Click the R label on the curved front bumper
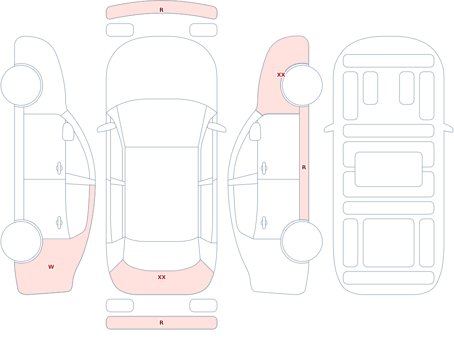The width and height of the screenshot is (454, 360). coord(161,10)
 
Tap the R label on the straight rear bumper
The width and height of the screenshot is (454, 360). coord(161,323)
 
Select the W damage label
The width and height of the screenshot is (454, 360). coord(51,267)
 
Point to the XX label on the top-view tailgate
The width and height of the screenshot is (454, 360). coord(162,277)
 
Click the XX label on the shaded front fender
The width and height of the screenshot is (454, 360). coord(281,75)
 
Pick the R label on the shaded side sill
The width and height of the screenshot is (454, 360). coord(304,168)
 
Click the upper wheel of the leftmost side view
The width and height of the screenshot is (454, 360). coord(21,85)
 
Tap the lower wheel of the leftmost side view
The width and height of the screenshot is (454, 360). coord(21,242)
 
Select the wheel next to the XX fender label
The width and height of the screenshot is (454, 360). coord(302,85)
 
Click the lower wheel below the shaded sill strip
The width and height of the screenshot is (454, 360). coord(302,242)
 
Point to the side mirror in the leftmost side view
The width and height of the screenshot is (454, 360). coord(68,132)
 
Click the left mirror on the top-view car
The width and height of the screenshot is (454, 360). coord(106,127)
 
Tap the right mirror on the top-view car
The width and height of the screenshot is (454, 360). coord(217,127)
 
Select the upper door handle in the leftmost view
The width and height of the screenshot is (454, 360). coord(59,168)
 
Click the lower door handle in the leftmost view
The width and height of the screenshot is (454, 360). coord(59,223)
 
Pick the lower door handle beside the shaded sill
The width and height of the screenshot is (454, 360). coord(264,223)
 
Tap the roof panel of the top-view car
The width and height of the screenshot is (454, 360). coord(162,194)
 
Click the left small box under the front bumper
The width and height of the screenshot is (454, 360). coord(120,30)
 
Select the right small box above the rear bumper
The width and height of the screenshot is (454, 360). coord(203,306)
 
